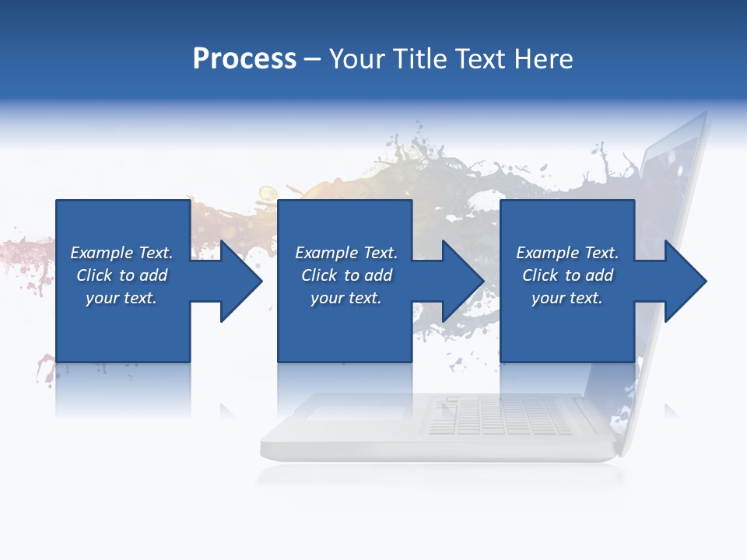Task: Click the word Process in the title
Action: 244,59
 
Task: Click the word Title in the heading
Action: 421,59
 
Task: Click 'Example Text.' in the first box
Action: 121,253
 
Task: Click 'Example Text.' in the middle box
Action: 345,253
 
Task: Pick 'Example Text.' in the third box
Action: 567,253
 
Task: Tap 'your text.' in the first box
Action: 121,298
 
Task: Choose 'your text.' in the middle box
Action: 345,298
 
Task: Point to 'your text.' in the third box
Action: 567,298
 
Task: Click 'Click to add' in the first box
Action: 121,275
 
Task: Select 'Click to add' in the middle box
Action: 345,275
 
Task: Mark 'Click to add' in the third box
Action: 567,275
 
